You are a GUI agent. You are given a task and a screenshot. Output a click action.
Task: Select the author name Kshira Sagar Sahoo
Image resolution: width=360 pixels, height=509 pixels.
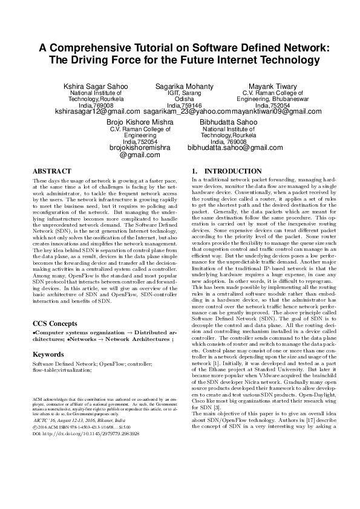[96, 87]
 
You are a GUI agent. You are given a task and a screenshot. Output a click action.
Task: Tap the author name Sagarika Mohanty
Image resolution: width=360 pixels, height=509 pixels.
[180, 87]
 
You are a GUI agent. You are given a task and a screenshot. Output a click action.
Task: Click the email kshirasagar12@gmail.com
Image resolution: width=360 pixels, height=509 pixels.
[97, 112]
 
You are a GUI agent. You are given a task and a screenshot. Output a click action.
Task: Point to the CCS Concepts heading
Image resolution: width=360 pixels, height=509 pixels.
[54, 306]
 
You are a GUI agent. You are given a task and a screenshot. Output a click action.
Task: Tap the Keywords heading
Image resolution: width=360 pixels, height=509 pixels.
[48, 337]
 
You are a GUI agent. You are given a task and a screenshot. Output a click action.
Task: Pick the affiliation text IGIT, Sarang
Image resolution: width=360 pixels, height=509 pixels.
[180, 93]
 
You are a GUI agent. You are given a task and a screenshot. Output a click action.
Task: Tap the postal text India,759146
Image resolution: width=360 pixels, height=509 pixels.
[180, 105]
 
